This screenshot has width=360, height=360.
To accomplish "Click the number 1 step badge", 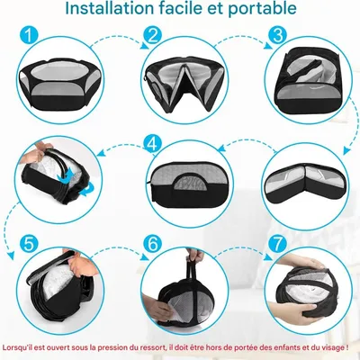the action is pos(29,35).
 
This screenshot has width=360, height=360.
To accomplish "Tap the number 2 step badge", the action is pos(153,35).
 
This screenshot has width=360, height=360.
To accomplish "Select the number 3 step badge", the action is pos(277,34).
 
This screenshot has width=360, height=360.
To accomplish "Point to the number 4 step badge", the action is pos(153,145).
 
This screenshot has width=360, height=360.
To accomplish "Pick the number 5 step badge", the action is pos(29,244).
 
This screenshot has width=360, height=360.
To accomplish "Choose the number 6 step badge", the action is pos(153,244).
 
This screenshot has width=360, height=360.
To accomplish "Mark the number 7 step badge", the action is pos(277,244).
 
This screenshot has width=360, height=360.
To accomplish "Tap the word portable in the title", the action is pos(262,10).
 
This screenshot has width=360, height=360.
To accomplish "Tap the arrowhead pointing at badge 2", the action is pos(145,45).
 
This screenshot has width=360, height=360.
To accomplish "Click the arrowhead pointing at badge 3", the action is pos(268,45).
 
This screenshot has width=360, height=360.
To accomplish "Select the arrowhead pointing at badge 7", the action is pos(268,256).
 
